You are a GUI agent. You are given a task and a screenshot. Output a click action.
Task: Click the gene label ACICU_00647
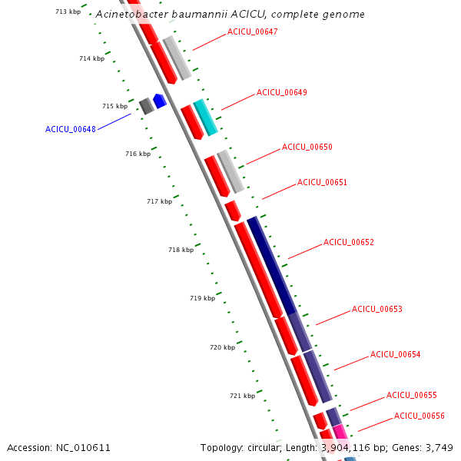coord(252,32)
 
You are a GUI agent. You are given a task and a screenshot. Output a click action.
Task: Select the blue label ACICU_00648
coord(71,129)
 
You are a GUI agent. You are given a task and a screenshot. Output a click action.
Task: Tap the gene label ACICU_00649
coord(281,92)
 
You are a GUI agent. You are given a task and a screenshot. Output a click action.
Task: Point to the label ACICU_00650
coord(307,147)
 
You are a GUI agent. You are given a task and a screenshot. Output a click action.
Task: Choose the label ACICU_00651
coord(322,183)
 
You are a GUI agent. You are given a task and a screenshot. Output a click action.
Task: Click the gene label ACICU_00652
coord(348,242)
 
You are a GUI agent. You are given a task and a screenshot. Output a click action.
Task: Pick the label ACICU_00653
coord(376,309)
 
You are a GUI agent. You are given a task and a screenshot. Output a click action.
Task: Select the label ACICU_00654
coord(395,354)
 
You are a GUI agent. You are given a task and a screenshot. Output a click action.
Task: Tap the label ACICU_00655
coord(411,395)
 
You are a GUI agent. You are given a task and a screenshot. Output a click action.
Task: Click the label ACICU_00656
coord(419,416)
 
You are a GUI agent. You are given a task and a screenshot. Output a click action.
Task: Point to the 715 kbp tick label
coord(114,106)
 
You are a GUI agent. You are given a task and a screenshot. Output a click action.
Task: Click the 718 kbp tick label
coord(181,250)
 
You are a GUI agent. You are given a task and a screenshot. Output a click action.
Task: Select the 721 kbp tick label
coord(242,396)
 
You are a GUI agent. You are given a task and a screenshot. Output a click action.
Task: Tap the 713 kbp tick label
coord(68,12)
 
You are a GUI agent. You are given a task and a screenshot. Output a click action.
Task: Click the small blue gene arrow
coord(160,101)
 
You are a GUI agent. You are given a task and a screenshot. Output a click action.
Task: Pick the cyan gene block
coord(205,117)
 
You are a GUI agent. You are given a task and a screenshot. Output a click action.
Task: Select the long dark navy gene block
coord(271,265)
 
